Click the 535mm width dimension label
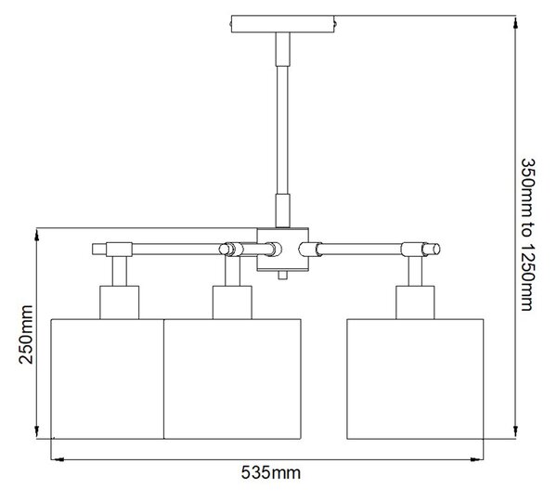pos(271,472)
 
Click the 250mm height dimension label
pos(26,335)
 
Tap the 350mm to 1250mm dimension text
pos(527,235)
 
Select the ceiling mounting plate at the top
pos(283,24)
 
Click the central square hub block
pos(283,250)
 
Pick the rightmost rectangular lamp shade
pos(415,379)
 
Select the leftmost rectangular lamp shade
pos(108,379)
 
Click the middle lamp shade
pos(233,379)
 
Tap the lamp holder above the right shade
pos(415,302)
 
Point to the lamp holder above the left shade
pos(120,302)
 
